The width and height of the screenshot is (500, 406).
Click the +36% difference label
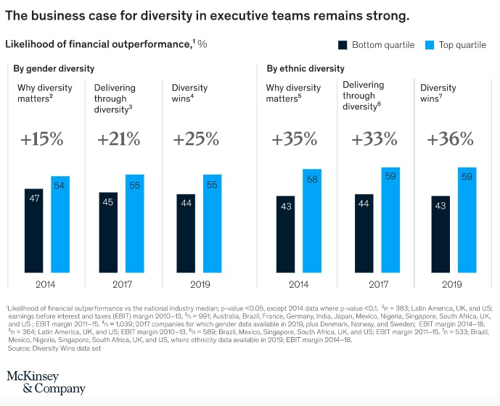point(450,139)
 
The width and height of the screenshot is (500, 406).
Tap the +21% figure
point(118,139)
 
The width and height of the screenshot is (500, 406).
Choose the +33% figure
point(375,139)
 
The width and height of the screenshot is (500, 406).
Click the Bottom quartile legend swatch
point(343,45)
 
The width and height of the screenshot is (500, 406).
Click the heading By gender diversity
point(54,69)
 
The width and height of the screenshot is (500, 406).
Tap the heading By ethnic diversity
point(306,69)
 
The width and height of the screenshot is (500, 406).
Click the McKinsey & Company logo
point(46,382)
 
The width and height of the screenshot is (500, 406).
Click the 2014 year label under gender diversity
point(45,284)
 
